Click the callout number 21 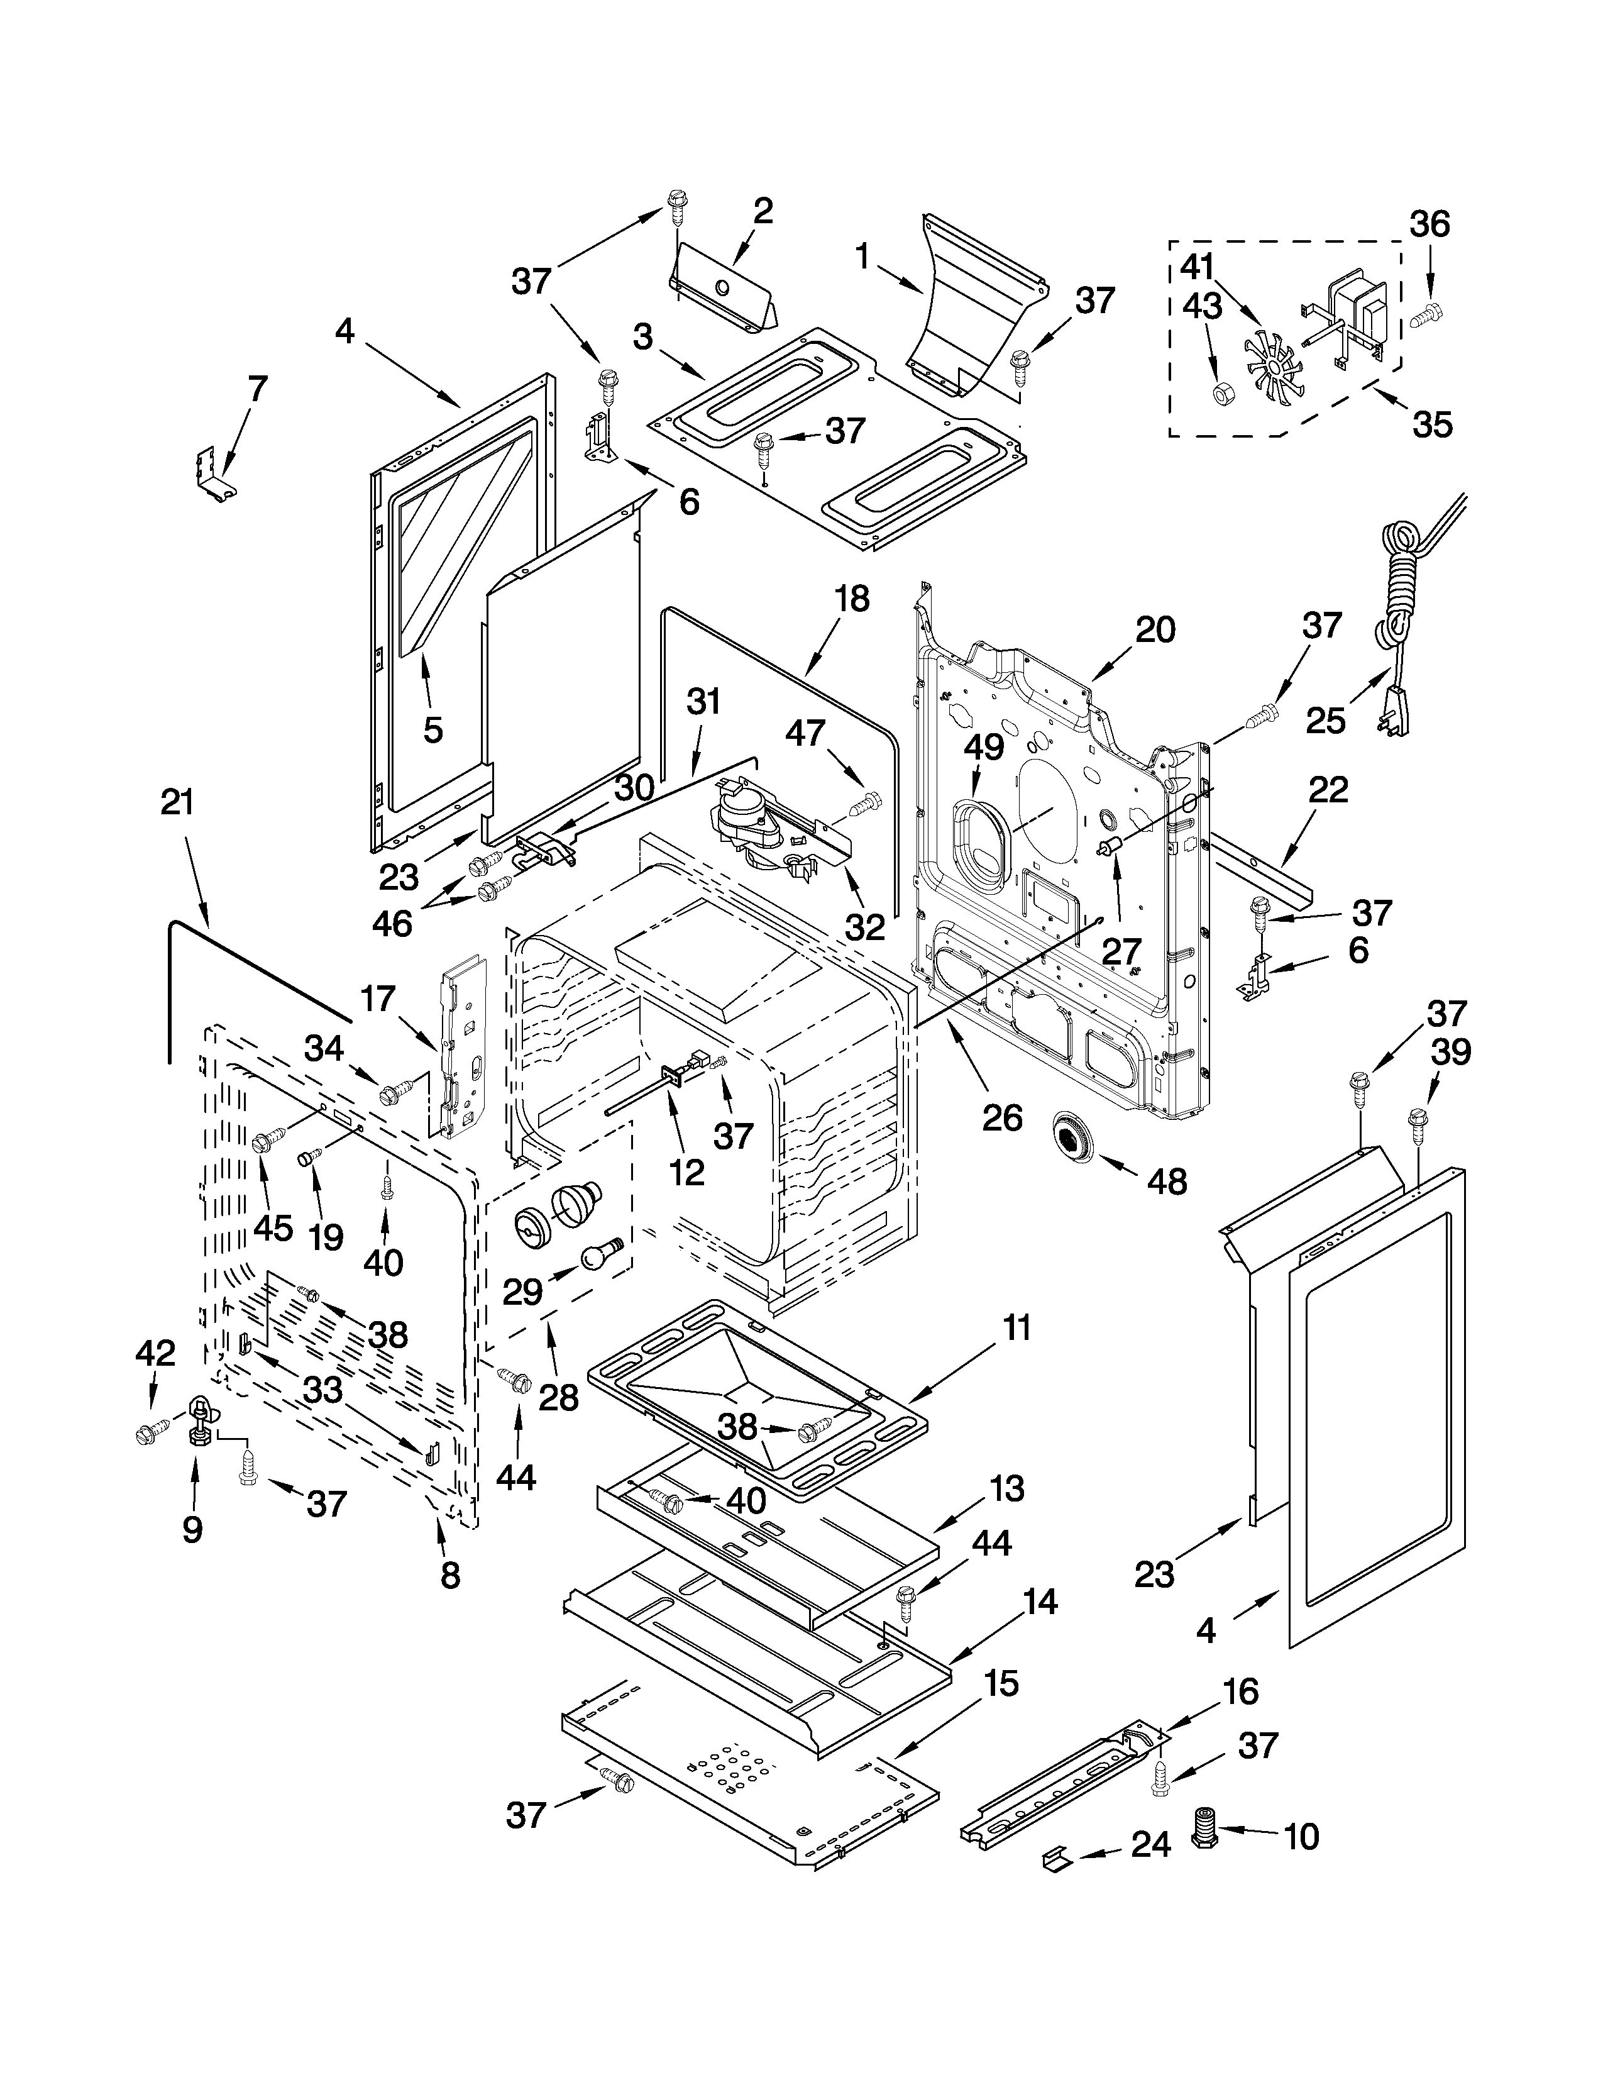coord(177,803)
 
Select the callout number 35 coord(1432,424)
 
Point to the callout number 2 coord(763,211)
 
